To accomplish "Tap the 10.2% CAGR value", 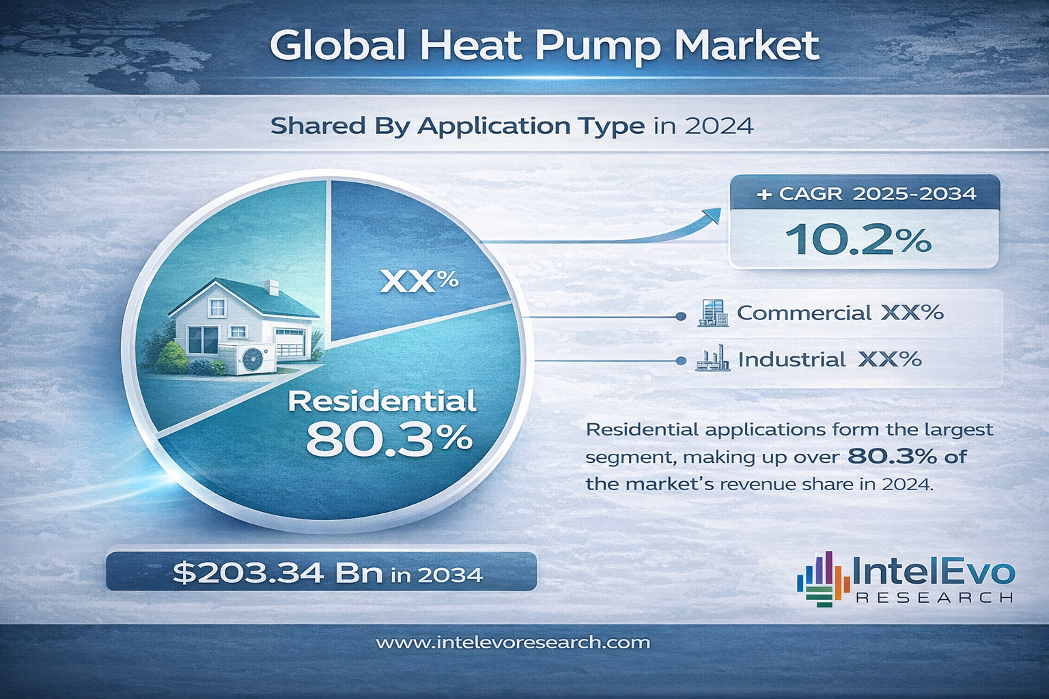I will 858,240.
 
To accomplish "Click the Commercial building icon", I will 712,313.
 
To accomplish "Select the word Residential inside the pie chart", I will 382,401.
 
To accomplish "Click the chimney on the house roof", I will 272,287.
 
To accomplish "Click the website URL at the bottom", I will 513,642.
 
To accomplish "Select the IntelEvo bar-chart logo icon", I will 823,580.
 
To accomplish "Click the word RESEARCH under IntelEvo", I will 934,598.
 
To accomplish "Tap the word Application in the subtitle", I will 530,126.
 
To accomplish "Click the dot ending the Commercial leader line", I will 680,316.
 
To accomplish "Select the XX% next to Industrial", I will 890,359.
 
